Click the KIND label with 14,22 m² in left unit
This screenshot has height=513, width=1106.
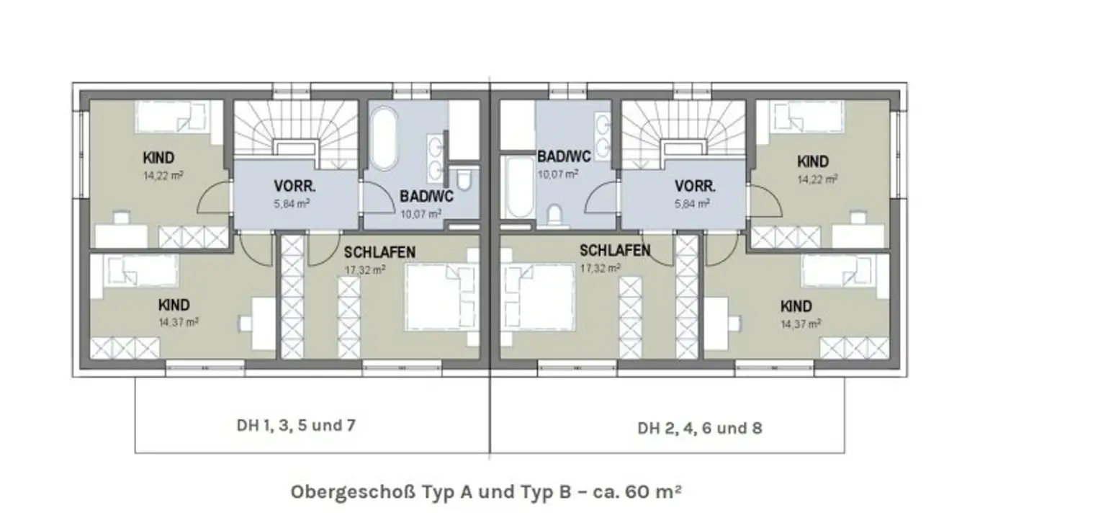pyautogui.click(x=158, y=158)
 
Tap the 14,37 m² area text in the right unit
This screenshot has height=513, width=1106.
pyautogui.click(x=801, y=324)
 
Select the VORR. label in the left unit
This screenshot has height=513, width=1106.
pyautogui.click(x=295, y=187)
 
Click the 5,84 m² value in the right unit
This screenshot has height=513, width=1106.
pyautogui.click(x=692, y=203)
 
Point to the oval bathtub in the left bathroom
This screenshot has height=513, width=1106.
pyautogui.click(x=384, y=139)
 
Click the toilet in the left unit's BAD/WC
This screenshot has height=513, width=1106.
pyautogui.click(x=464, y=180)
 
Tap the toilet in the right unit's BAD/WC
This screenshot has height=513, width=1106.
pyautogui.click(x=555, y=215)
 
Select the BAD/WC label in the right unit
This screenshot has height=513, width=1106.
pyautogui.click(x=564, y=156)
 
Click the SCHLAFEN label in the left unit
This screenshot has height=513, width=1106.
pyautogui.click(x=379, y=253)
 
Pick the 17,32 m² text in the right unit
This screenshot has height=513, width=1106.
pyautogui.click(x=600, y=268)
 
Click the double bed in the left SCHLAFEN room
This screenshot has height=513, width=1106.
pyautogui.click(x=442, y=297)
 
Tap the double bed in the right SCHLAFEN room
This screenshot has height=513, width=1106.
pyautogui.click(x=538, y=297)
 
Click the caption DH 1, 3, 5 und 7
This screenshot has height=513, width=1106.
pyautogui.click(x=296, y=426)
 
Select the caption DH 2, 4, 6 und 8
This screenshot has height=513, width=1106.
pyautogui.click(x=700, y=428)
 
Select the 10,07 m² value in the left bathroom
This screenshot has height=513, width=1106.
pyautogui.click(x=421, y=215)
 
